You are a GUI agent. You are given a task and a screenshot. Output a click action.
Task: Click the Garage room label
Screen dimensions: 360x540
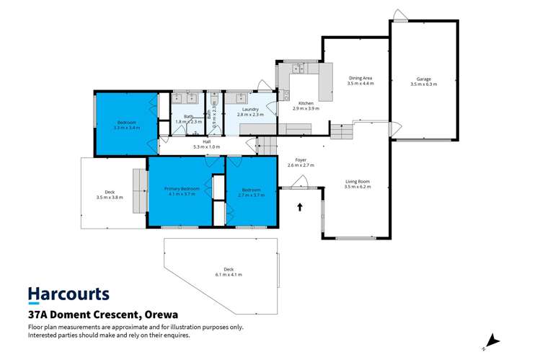click(x=423, y=79)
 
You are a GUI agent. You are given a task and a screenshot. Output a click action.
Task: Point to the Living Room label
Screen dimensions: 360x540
click(x=357, y=182)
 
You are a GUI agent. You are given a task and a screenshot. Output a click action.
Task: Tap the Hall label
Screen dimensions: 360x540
click(x=206, y=141)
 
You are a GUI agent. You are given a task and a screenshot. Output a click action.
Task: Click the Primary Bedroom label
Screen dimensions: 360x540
click(x=181, y=189)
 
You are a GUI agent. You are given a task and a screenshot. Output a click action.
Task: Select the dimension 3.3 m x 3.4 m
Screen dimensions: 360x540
click(x=128, y=127)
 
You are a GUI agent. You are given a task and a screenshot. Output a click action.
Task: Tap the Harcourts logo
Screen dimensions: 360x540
click(x=68, y=294)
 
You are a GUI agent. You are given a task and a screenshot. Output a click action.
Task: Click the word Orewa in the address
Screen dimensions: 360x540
click(x=157, y=315)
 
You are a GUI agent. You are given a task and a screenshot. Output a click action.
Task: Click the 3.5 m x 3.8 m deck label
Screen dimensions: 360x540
click(x=110, y=197)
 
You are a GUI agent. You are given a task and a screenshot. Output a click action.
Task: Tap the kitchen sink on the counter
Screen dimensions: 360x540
click(x=298, y=69)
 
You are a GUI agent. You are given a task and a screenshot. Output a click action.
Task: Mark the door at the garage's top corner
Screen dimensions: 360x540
click(x=398, y=14)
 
